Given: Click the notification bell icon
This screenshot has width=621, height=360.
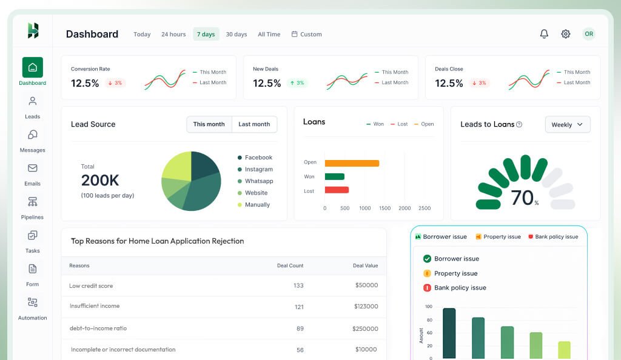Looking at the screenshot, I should [544, 34].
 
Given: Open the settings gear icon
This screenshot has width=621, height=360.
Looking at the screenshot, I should [566, 34].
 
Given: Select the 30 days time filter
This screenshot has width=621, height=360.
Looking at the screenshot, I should [236, 35].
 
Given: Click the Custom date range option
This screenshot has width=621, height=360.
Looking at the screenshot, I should [307, 35].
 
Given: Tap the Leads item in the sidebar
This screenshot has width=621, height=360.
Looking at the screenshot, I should [33, 107].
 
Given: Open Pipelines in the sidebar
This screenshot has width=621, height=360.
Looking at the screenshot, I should [33, 207].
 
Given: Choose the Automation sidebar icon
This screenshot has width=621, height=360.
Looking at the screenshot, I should [33, 308].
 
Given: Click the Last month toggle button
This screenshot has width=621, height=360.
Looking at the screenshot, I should [254, 124].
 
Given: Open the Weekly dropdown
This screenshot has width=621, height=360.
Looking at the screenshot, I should [567, 124].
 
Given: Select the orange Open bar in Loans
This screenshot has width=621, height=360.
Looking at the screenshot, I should [352, 163].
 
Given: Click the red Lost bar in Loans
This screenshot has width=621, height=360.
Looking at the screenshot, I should [337, 190].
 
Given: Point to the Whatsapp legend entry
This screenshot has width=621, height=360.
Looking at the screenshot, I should [258, 181].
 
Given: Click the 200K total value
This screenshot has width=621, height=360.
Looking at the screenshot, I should [100, 180].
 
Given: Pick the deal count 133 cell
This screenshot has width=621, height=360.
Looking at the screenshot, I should [298, 285].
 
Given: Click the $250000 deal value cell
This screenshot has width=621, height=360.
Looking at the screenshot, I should [365, 328].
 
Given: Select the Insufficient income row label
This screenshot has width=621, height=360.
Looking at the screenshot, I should [95, 306].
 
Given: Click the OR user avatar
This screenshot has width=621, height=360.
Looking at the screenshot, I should [589, 34].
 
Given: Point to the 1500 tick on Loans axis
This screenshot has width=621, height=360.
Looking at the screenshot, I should [384, 208].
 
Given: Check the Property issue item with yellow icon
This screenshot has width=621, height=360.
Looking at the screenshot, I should [455, 273].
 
